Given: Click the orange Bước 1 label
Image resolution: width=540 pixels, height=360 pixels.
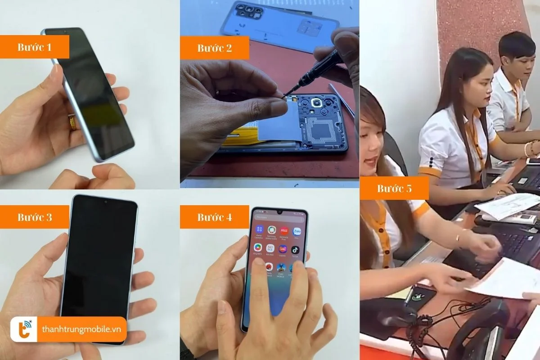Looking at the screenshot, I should (x=35, y=47).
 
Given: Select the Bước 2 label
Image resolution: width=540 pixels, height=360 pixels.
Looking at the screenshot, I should (x=214, y=48).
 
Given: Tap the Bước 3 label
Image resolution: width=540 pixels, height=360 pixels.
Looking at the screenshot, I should (x=35, y=217).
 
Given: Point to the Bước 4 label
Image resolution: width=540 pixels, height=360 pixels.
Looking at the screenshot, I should (x=214, y=217).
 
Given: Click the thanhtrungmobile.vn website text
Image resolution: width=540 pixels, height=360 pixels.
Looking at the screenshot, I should (x=82, y=329).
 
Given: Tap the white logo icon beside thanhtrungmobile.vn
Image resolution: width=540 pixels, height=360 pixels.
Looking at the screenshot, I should (x=24, y=329).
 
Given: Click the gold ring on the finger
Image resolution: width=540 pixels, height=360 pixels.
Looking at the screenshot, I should (x=72, y=122).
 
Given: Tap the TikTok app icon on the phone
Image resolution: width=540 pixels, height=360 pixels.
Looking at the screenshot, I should (x=295, y=249).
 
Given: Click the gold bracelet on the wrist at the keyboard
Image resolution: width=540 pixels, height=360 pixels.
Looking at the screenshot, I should (x=460, y=237).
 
